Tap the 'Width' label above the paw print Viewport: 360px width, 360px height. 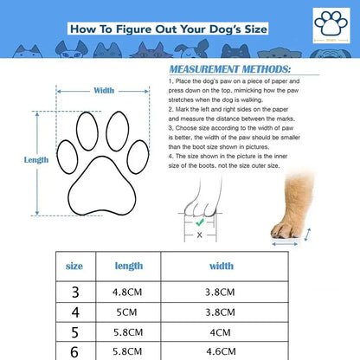(104, 90)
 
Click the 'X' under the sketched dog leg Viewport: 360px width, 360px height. (200, 235)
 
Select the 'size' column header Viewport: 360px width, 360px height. (75, 267)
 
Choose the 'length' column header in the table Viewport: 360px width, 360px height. (128, 267)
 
